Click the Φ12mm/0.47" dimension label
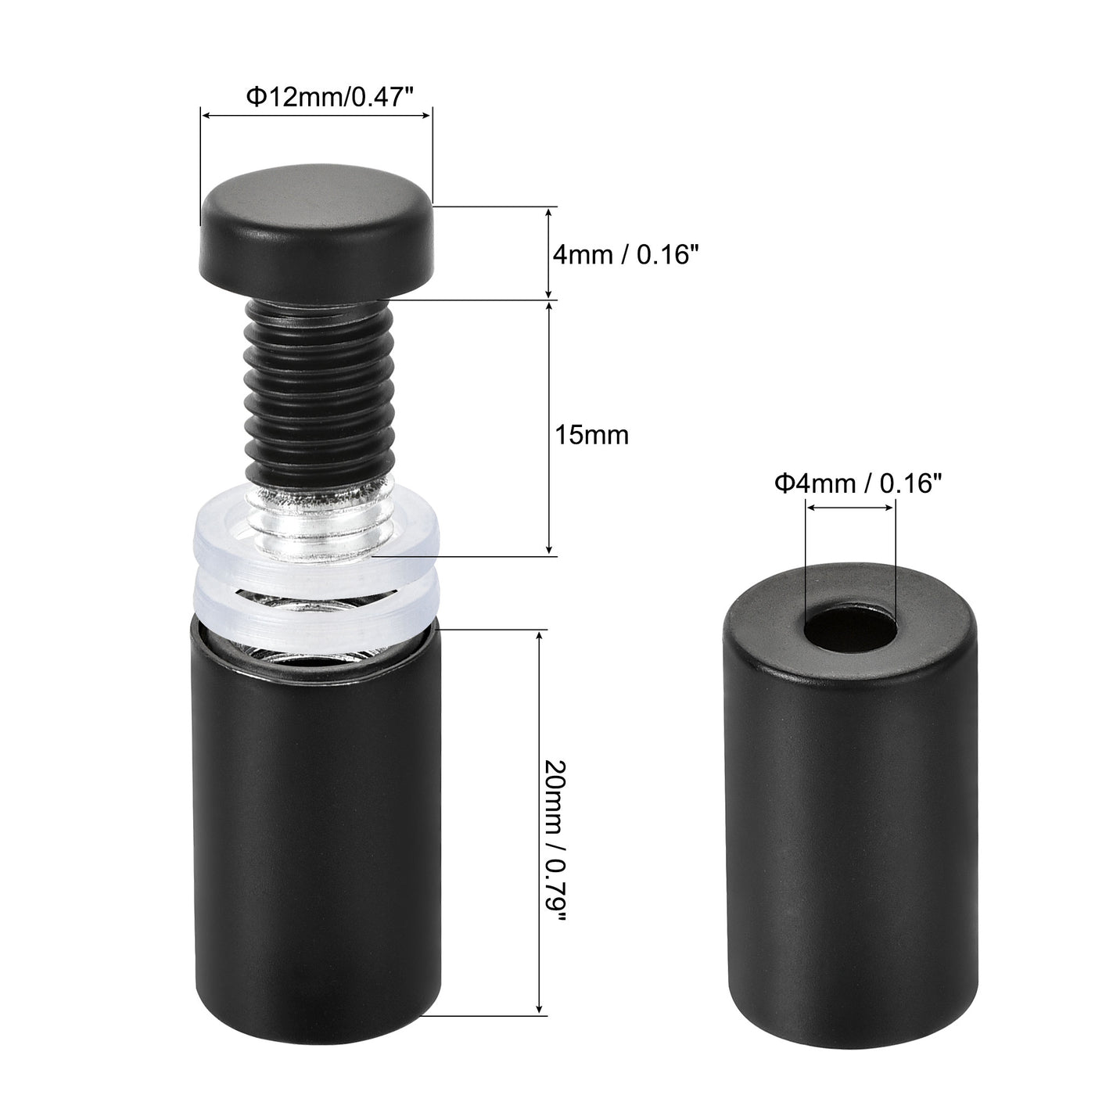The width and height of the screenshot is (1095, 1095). click(x=328, y=97)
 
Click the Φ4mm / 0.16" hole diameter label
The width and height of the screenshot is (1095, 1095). click(x=854, y=484)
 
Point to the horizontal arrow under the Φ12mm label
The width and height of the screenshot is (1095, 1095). click(x=316, y=116)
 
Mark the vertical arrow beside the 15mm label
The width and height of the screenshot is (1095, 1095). click(x=550, y=428)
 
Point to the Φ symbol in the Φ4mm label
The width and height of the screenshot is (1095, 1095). click(x=784, y=484)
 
